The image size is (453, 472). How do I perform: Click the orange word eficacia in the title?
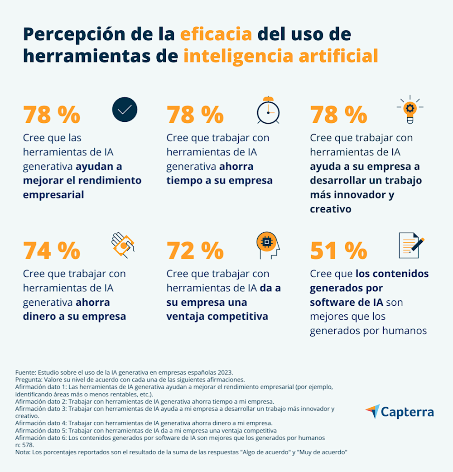[x=216, y=34]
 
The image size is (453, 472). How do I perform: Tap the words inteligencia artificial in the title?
[x=280, y=56]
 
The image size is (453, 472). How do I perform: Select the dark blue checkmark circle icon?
[x=125, y=110]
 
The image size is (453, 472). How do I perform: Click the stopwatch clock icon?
[x=268, y=110]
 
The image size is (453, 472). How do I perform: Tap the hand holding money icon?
[x=123, y=245]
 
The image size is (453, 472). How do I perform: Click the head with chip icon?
[x=268, y=245]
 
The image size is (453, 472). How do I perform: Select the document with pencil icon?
[x=411, y=245]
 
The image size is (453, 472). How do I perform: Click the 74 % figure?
[x=51, y=250]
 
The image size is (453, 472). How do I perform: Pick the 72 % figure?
[x=195, y=250]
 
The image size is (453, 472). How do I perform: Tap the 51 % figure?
[x=338, y=250]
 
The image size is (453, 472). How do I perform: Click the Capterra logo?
[x=400, y=412]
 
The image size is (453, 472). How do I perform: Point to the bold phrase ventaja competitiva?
[x=217, y=316]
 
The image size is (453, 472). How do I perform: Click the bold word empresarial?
[x=53, y=195]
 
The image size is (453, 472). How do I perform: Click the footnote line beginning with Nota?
[x=181, y=452]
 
